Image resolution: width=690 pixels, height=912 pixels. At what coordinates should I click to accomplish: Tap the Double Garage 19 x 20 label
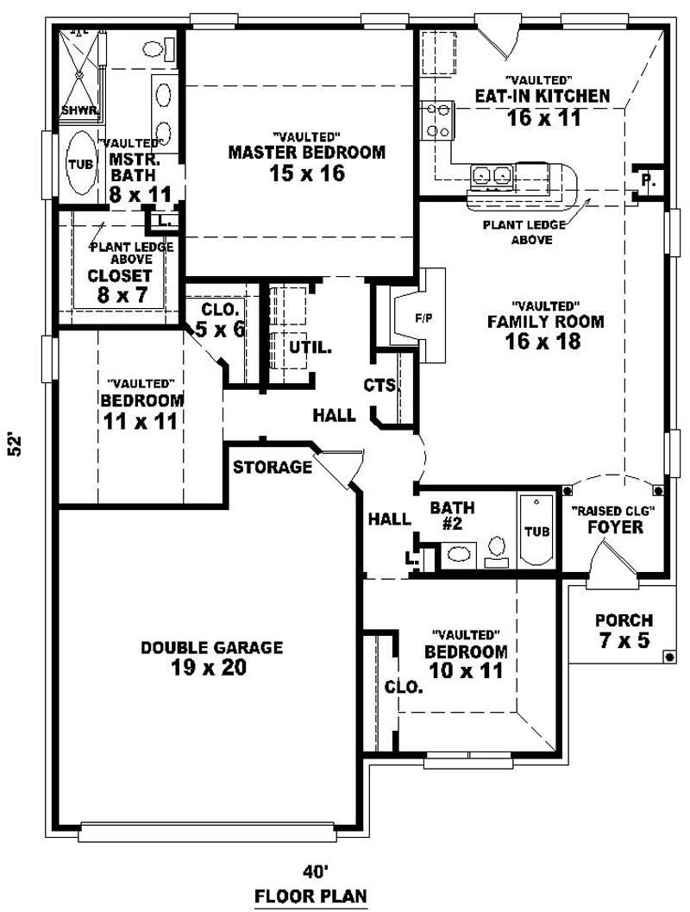[212, 657]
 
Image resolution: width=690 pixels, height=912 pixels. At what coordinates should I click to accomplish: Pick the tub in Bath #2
[536, 529]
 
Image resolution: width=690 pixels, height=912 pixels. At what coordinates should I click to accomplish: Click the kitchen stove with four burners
[436, 121]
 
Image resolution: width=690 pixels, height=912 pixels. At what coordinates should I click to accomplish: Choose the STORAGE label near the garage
[272, 468]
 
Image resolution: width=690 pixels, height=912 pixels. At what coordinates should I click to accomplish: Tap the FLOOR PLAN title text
[310, 896]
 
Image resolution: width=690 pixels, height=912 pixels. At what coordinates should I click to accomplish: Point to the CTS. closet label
[379, 386]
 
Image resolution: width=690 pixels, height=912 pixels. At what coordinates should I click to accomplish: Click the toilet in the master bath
[154, 49]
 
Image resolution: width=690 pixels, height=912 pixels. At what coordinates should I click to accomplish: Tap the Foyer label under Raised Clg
[615, 526]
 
